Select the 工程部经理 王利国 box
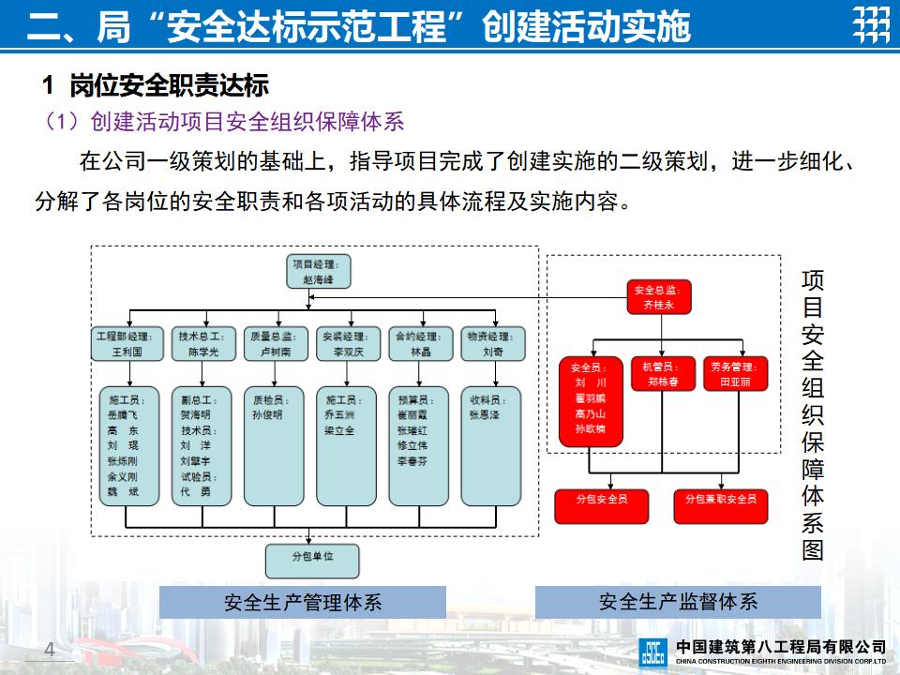126,344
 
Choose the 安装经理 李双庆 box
348,344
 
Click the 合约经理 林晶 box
420,344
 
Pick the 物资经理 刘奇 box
492,344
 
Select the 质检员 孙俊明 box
274,446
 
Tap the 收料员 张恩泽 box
492,446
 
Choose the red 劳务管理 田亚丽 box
736,373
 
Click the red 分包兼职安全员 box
721,506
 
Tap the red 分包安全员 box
602,506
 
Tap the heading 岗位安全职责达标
169,86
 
